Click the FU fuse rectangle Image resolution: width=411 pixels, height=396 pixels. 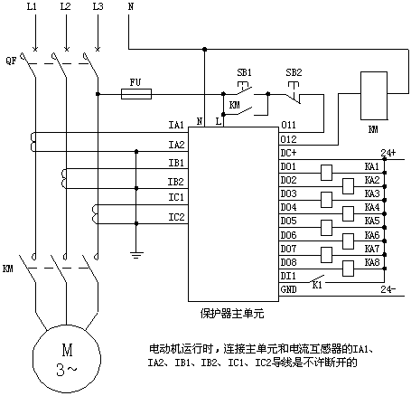point(136,94)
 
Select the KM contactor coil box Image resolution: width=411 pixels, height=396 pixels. point(374,96)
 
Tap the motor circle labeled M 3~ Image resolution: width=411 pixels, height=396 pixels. point(67,359)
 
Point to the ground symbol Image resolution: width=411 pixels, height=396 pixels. point(136,255)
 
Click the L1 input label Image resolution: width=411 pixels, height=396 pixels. point(32,6)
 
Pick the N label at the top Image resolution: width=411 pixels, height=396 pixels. point(131,6)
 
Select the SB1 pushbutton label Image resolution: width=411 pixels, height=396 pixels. point(244,72)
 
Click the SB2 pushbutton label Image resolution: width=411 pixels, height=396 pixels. point(294,72)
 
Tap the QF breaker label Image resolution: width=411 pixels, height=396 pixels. point(11,61)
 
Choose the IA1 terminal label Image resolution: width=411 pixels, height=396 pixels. point(176,125)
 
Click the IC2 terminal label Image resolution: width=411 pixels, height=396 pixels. point(176,217)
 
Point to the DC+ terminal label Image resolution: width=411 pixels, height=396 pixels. point(288,153)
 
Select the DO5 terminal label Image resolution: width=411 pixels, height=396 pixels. point(288,221)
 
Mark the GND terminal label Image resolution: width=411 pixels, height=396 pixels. point(288,289)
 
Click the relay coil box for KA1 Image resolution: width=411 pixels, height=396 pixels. point(327,173)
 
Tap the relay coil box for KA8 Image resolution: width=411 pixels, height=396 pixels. point(349,269)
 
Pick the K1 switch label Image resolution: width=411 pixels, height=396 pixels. point(317,285)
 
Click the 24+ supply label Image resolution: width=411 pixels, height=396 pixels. point(388,153)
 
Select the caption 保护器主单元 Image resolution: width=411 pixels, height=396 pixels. point(232,314)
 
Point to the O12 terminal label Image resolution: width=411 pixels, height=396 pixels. point(288,139)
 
